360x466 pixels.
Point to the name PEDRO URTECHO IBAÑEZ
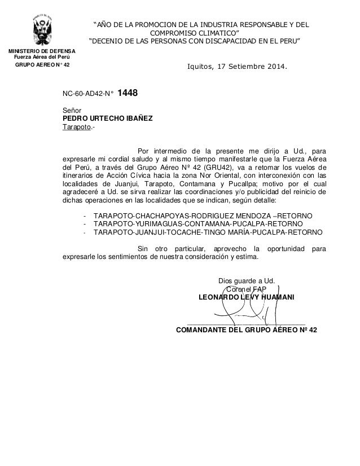coord(107,118)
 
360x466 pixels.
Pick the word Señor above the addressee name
coord(71,109)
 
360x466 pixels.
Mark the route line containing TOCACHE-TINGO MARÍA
coord(208,232)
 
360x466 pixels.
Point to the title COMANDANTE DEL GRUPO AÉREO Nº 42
coord(247,329)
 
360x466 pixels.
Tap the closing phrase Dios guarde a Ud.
coord(246,281)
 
